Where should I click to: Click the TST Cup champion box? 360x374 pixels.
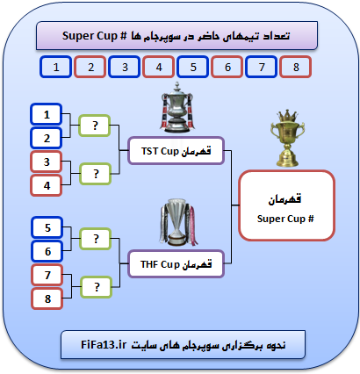pos(176,150)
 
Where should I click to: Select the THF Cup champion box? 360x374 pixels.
pos(176,263)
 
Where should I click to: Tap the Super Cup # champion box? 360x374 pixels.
pos(286,205)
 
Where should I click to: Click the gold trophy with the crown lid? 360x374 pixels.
pos(287,139)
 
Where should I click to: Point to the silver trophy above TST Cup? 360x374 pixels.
pos(176,107)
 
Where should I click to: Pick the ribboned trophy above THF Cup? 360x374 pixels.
pos(177,222)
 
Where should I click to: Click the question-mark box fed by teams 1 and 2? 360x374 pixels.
pos(95,126)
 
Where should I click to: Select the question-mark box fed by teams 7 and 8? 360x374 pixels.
pos(97,287)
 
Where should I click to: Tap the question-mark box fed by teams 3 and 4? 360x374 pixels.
pos(96,174)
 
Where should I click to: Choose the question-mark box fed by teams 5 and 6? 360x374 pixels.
pos(96,239)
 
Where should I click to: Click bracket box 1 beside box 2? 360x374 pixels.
pos(47,114)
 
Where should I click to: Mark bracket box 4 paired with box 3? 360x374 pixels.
pos(47,185)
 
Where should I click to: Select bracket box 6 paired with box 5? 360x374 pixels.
pos(47,251)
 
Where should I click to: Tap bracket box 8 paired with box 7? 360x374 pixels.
pos(47,298)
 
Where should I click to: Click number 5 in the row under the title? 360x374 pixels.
pos(193,67)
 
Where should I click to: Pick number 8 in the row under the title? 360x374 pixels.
pos(296,67)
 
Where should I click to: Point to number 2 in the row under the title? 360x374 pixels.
pos(90,67)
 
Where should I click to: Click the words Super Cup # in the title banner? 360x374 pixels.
pos(94,36)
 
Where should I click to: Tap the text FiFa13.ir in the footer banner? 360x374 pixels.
pos(104,345)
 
